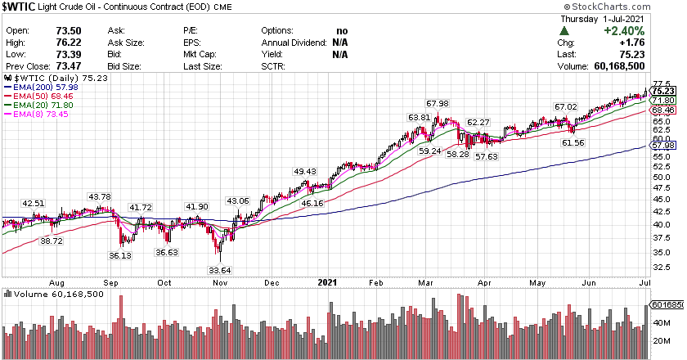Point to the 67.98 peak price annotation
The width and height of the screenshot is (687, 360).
click(438, 103)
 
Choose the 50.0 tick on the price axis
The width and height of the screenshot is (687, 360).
click(662, 176)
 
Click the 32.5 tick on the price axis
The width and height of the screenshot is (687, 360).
click(662, 267)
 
